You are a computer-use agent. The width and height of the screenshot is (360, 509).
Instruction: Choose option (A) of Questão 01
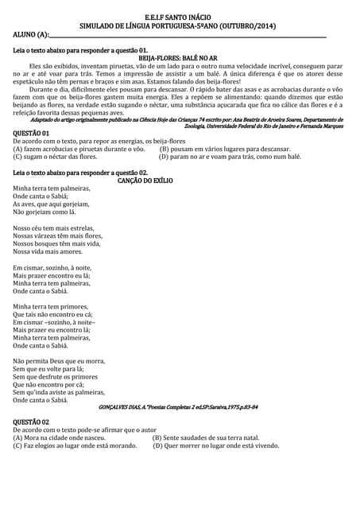(79, 149)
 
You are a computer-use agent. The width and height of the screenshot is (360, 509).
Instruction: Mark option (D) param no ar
(230, 157)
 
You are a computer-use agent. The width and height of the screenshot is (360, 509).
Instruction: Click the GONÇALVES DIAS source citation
(177, 407)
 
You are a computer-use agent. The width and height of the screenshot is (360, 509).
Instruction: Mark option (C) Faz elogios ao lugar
(75, 446)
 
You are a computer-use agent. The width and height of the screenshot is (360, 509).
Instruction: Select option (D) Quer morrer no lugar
(215, 446)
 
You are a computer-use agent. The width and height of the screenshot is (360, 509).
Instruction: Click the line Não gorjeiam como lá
(45, 212)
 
